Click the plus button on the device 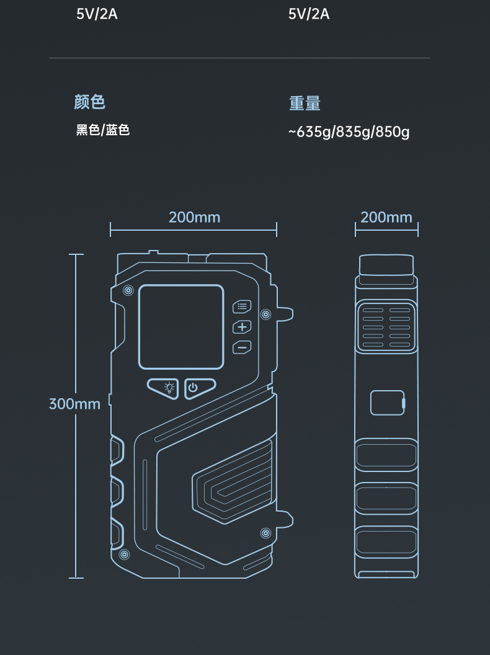tap(242, 327)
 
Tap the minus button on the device tap(242, 347)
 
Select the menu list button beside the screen tap(242, 306)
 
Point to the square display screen tap(181, 327)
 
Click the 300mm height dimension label tap(74, 404)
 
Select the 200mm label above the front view tap(194, 217)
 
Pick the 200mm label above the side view tap(386, 217)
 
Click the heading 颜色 tap(90, 102)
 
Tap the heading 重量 tap(305, 104)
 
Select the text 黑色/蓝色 tap(103, 130)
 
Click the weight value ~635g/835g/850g tap(349, 132)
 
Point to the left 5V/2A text tap(97, 14)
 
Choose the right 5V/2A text tap(309, 14)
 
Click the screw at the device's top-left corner tap(128, 290)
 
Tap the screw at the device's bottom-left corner tap(124, 553)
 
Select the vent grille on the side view tap(386, 327)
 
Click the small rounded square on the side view tap(387, 403)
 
